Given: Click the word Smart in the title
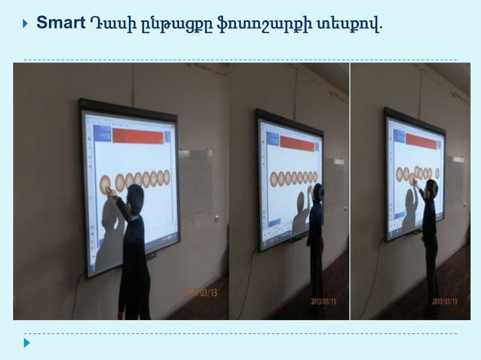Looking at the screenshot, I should point(60,23).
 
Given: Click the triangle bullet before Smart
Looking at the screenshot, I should point(26,23).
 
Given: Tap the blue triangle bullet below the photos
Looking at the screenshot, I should point(27,343).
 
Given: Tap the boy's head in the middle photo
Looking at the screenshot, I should point(319,192).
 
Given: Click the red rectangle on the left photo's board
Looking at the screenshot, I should point(137,136).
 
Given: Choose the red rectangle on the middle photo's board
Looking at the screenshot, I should point(296,143).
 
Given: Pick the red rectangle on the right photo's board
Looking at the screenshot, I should point(421,140).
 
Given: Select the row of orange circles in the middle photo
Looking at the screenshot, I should point(293,178).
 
